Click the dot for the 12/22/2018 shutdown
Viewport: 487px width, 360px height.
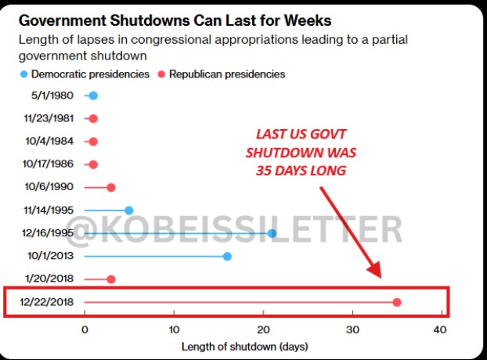click(x=397, y=302)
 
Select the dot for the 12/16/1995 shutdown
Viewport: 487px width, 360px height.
click(x=272, y=233)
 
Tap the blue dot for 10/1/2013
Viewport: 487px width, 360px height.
click(x=227, y=256)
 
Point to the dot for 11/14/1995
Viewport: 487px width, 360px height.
click(x=129, y=210)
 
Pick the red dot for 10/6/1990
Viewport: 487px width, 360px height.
click(x=111, y=187)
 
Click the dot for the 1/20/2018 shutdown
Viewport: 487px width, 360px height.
click(x=111, y=279)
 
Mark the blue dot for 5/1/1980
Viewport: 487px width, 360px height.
click(x=93, y=95)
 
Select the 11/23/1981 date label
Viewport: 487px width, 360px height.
click(x=50, y=119)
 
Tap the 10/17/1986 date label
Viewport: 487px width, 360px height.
click(x=50, y=164)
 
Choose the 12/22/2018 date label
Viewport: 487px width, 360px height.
click(x=50, y=302)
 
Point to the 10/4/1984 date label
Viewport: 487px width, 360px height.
click(x=52, y=142)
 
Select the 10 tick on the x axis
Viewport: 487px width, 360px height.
click(x=174, y=329)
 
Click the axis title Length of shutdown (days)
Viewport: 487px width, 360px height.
click(x=244, y=346)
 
